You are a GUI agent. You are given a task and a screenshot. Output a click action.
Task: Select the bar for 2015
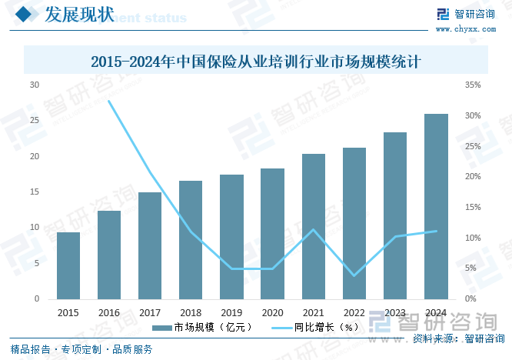[68, 265]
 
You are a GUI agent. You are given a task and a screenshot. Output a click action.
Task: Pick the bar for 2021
[314, 226]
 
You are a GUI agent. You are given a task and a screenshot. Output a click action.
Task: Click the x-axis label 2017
[150, 312]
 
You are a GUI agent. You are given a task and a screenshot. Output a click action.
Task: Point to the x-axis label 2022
[354, 312]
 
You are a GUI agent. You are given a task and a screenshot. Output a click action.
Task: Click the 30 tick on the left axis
[35, 85]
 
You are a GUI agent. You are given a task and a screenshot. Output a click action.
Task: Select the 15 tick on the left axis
[35, 192]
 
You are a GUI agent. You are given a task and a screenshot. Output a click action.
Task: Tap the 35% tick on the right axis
[474, 85]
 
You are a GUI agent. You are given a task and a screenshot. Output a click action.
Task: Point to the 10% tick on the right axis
[474, 238]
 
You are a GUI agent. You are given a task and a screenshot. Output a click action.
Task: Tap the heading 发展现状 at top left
[79, 15]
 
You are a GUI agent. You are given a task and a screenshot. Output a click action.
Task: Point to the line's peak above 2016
[109, 102]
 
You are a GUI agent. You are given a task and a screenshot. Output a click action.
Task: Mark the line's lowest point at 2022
[354, 275]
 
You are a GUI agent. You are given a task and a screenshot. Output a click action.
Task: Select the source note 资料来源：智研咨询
[457, 338]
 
